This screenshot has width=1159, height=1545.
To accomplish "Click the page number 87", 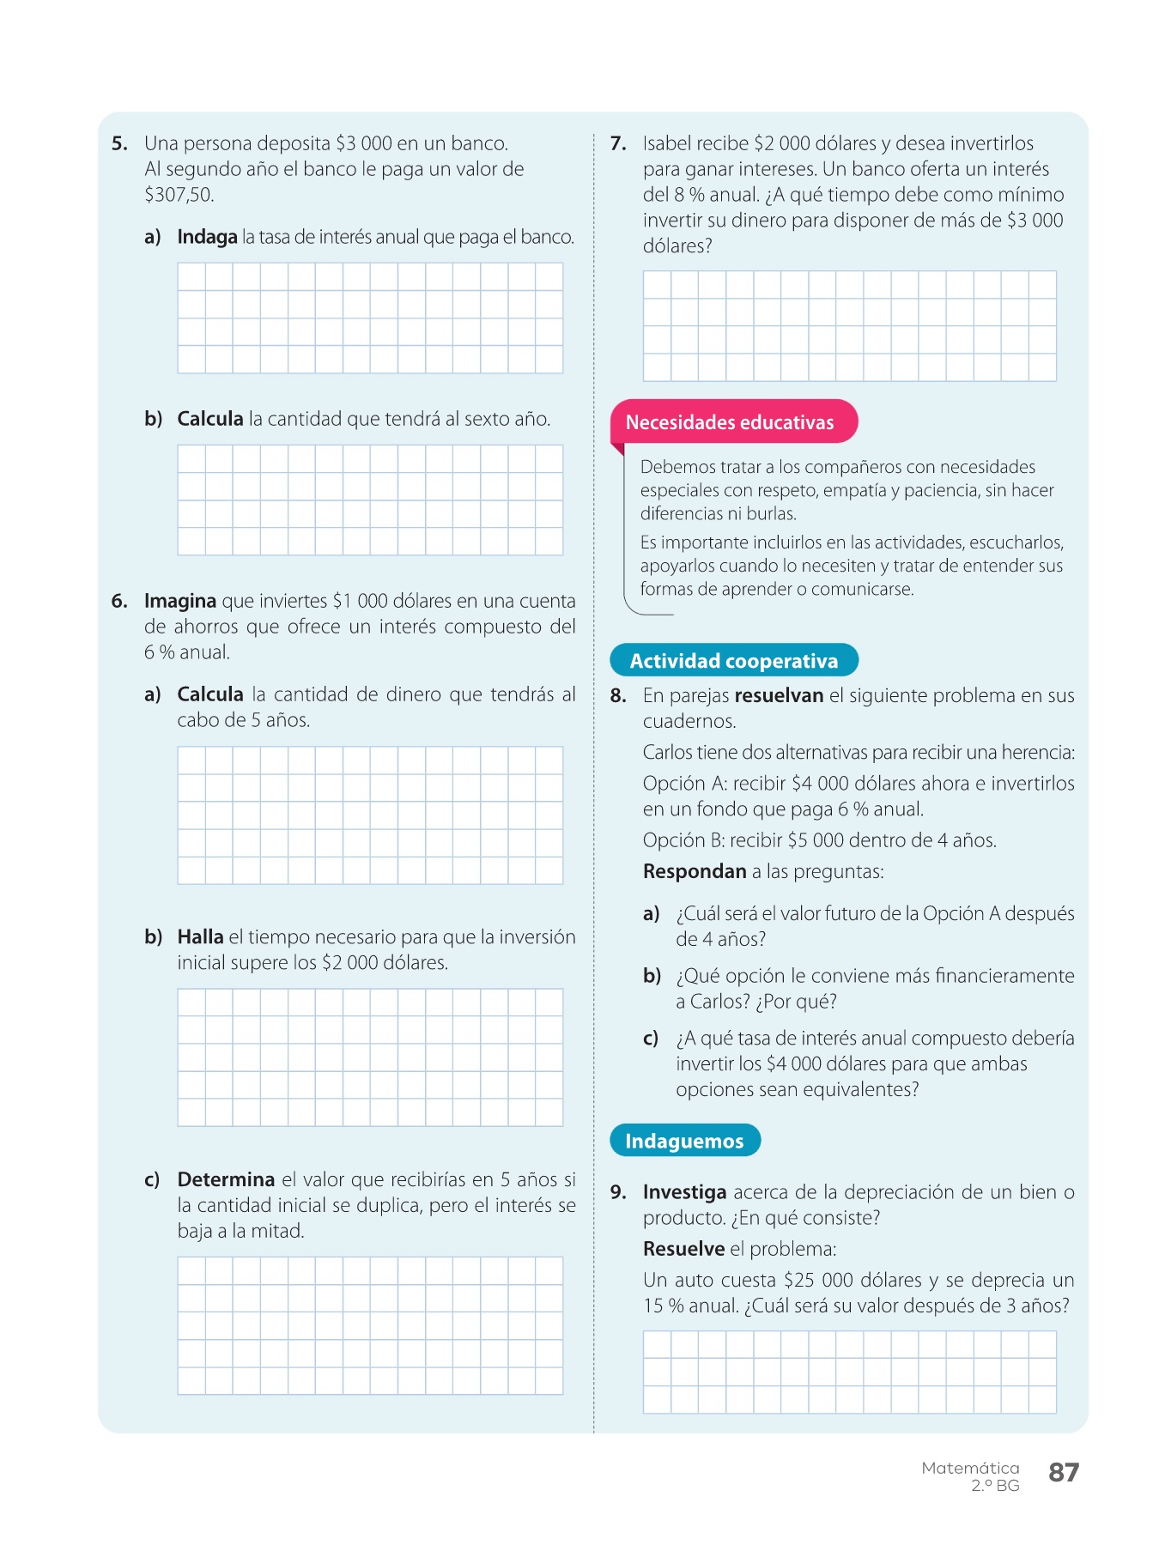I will click(1063, 1472).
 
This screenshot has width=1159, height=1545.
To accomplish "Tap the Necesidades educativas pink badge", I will click(730, 422).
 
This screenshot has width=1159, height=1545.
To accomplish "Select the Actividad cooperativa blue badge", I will click(733, 661).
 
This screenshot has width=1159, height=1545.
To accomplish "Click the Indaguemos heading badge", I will click(684, 1141).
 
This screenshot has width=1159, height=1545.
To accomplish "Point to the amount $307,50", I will click(179, 195).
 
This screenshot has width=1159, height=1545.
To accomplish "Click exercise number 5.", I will click(119, 143).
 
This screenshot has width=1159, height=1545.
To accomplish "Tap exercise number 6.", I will click(119, 601).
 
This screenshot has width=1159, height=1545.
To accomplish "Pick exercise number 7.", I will click(618, 143).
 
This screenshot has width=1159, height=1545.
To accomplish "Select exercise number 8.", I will click(618, 695).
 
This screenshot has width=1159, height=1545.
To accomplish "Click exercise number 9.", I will click(618, 1192).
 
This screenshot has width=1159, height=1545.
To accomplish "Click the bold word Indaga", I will click(207, 237).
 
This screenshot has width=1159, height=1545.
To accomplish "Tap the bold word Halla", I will click(200, 936).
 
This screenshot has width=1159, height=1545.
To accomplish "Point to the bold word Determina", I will click(226, 1179).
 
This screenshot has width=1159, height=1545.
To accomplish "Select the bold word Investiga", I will click(684, 1192).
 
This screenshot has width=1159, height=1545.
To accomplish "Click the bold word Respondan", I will click(695, 871).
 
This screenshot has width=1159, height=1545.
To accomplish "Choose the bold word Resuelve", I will click(683, 1249).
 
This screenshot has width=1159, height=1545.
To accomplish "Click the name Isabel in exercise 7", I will click(668, 143).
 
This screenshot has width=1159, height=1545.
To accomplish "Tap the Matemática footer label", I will click(970, 1468).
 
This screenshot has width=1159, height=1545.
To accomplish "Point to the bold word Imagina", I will click(180, 601).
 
